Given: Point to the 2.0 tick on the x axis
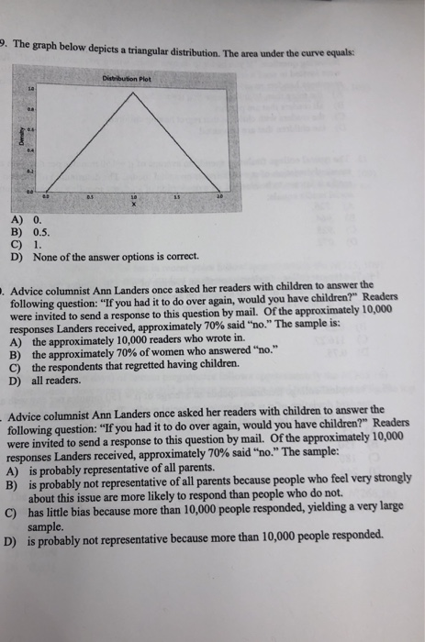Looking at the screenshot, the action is pyautogui.click(x=220, y=196).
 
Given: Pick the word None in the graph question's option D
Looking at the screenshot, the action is pyautogui.click(x=45, y=255).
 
